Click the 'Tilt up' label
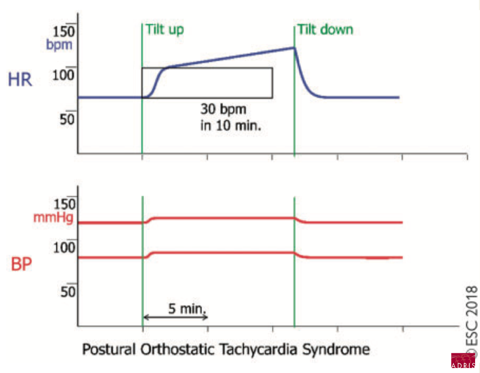165,29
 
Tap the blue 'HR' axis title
20,80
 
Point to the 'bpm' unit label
59,45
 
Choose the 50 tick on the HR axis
67,118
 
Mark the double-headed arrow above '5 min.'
175,318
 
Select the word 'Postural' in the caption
109,350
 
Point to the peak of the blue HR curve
294,48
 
